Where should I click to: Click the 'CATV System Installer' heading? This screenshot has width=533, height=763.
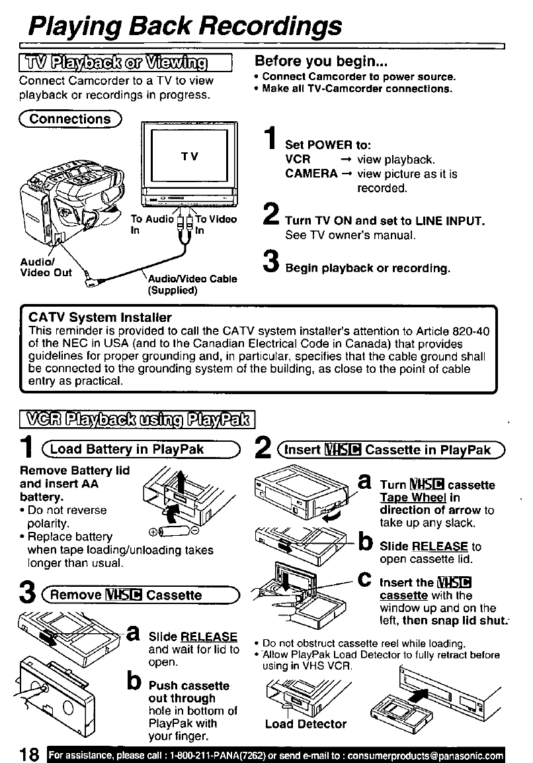click(x=100, y=317)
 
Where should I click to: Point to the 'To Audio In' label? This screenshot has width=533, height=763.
click(x=151, y=224)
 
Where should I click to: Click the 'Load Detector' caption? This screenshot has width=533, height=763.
click(x=306, y=724)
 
